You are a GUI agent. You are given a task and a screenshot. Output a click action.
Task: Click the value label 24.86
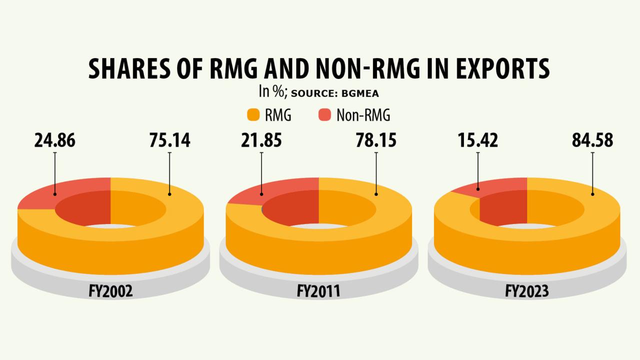click(55, 140)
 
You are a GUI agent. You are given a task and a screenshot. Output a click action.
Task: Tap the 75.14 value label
click(169, 140)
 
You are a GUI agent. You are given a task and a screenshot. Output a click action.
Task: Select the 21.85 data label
click(261, 140)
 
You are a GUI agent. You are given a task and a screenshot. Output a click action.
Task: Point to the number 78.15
click(376, 140)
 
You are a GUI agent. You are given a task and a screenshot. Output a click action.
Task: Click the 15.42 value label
click(477, 140)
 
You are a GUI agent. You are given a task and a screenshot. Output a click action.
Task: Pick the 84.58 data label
click(592, 140)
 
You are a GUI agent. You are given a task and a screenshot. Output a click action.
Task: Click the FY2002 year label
click(110, 291)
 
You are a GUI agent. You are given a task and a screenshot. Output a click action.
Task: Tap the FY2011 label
click(318, 291)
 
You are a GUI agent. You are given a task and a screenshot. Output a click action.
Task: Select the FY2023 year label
click(527, 291)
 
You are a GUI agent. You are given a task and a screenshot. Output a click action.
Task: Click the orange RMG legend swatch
click(254, 115)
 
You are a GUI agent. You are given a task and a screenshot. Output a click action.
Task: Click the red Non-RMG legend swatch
click(324, 115)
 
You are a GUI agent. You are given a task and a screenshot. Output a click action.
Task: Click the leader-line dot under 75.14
click(169, 194)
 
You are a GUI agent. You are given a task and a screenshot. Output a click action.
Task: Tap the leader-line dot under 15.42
click(477, 189)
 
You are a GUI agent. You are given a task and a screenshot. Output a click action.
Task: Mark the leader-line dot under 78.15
click(376, 194)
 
